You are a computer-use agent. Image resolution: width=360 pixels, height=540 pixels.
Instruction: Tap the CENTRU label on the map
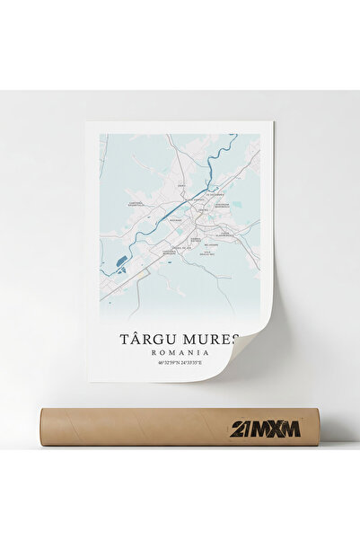pos(203,210)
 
